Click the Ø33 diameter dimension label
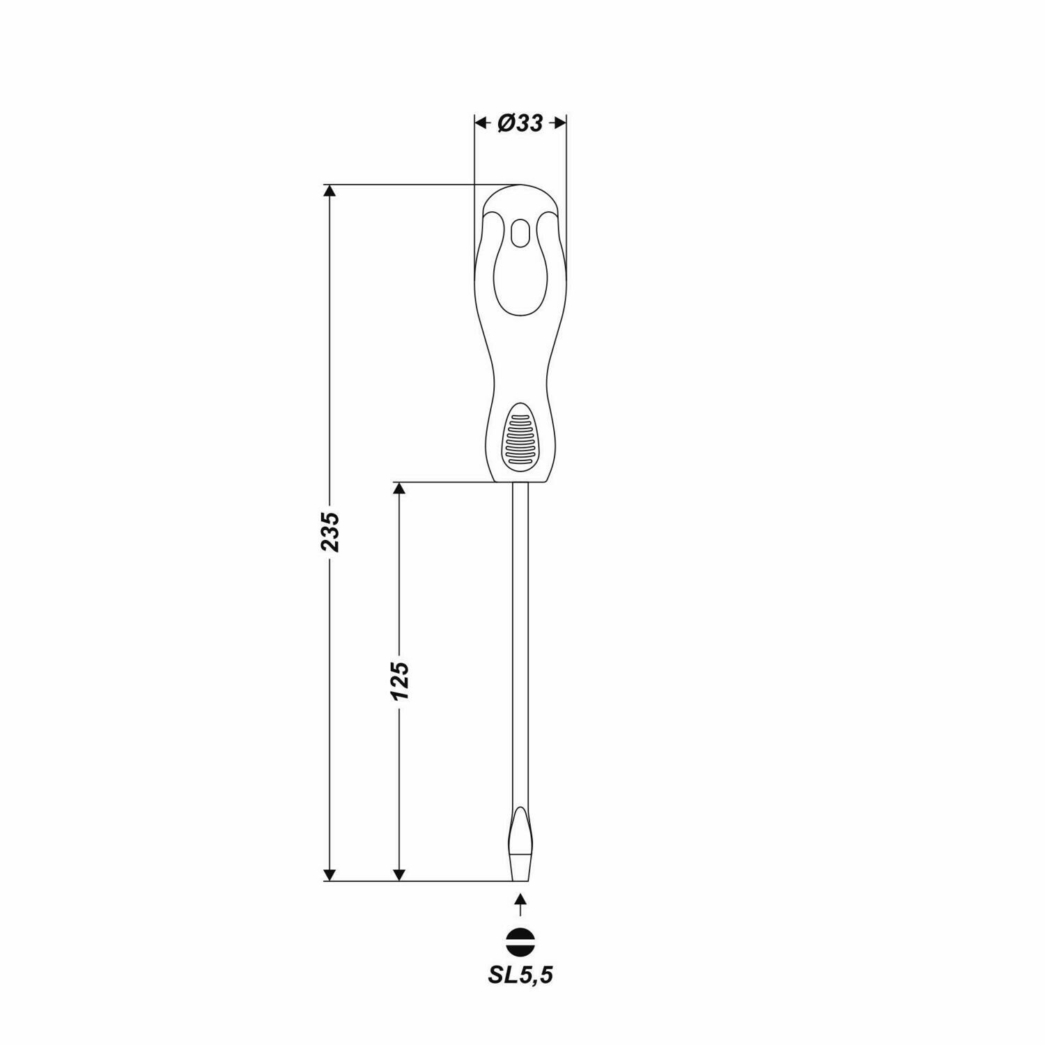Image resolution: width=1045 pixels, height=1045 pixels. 520,123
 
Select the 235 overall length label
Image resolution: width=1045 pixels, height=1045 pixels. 330,532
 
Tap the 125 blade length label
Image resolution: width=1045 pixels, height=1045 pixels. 399,681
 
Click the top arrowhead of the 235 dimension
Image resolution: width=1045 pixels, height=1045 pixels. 330,192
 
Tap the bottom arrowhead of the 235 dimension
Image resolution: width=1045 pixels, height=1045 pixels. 330,875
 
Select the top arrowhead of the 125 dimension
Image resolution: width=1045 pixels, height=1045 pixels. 399,488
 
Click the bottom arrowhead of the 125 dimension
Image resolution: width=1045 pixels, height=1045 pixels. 399,875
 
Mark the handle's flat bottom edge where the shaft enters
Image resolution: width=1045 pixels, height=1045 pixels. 520,481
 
